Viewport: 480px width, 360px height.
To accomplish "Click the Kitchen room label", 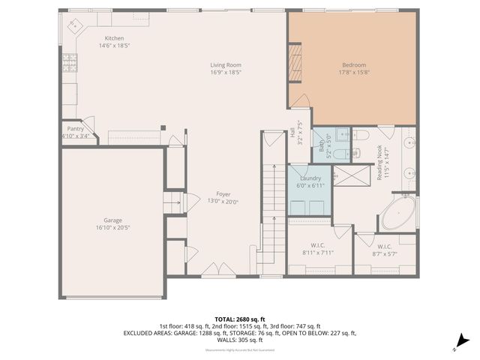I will (114, 38).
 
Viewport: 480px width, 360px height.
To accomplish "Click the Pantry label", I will (75, 129).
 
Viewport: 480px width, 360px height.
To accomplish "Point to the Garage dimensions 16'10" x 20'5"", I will (112, 227).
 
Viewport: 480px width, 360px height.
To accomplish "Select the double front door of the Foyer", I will (212, 277).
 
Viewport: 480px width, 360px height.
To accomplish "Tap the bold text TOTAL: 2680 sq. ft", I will (239, 319).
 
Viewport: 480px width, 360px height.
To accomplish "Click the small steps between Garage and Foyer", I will (175, 203).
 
